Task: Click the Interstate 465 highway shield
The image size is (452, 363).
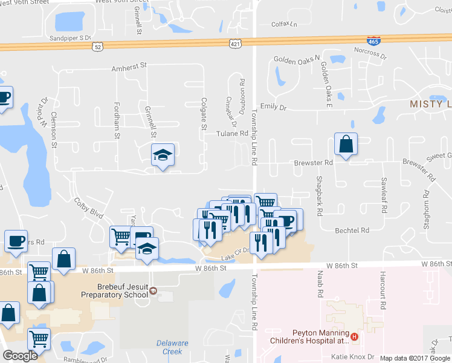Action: pyautogui.click(x=373, y=41)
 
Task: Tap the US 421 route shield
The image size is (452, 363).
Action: pyautogui.click(x=236, y=44)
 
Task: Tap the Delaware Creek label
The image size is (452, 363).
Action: pyautogui.click(x=169, y=347)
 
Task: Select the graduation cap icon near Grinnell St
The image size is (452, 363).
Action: pyautogui.click(x=163, y=155)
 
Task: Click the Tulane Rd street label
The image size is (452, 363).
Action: pyautogui.click(x=233, y=133)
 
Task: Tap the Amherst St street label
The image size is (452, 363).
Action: pyautogui.click(x=129, y=69)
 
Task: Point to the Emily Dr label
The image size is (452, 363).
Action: pyautogui.click(x=273, y=107)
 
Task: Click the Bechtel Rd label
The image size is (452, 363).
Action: pyautogui.click(x=352, y=231)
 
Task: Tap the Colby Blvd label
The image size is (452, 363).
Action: pyautogui.click(x=89, y=207)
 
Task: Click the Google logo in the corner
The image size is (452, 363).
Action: pyautogui.click(x=20, y=356)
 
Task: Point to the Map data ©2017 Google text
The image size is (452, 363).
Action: pyautogui.click(x=415, y=358)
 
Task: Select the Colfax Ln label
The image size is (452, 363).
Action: pyautogui.click(x=285, y=25)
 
